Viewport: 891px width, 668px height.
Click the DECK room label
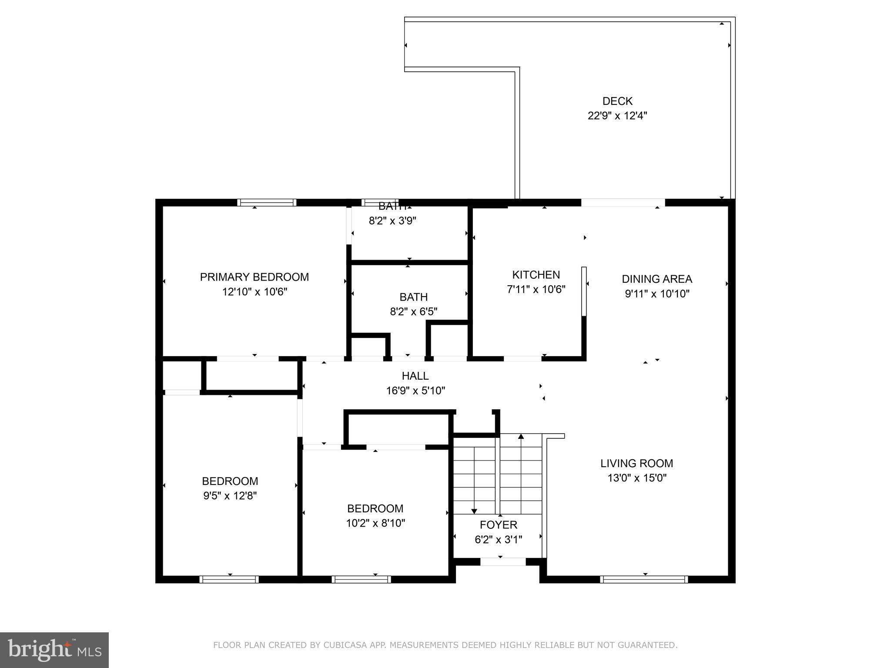tap(617, 101)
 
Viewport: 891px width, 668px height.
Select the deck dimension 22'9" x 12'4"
tap(617, 116)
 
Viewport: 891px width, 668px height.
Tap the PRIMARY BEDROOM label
tap(254, 277)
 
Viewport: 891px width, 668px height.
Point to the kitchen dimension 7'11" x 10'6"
tap(536, 290)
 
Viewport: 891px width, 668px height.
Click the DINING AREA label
tap(657, 279)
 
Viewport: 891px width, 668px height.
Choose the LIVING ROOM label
tap(636, 464)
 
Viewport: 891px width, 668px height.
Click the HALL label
tap(415, 376)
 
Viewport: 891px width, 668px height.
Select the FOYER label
tap(498, 525)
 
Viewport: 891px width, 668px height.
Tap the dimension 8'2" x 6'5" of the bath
tap(413, 312)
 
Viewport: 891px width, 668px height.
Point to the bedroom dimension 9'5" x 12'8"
tap(230, 496)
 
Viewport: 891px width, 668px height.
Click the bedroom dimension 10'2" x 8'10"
tap(375, 523)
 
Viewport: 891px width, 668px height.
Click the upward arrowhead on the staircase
tap(521, 436)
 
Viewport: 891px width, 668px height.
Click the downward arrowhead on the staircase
tap(474, 511)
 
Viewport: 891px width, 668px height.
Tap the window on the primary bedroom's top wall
tap(267, 203)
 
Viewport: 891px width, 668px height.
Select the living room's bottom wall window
tap(644, 579)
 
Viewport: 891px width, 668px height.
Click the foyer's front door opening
tap(502, 562)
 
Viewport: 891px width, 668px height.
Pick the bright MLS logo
tap(54, 650)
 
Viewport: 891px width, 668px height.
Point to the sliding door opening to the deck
tap(623, 203)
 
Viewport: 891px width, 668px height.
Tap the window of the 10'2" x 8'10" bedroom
tap(361, 579)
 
